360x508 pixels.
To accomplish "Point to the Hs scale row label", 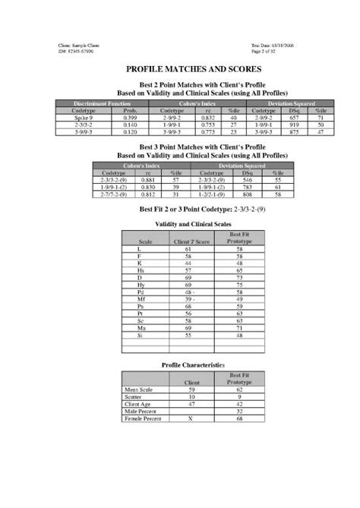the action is click(139, 269).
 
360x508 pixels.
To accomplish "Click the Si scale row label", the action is click(139, 334).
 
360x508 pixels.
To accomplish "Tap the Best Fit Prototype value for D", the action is click(238, 276).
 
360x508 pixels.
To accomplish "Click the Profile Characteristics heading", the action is click(193, 364).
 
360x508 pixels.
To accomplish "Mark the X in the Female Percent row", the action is click(190, 418).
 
